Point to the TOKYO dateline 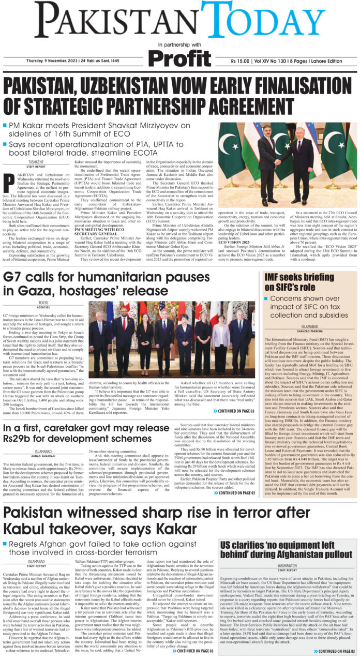[x=43, y=302]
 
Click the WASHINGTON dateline [x=287, y=566]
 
